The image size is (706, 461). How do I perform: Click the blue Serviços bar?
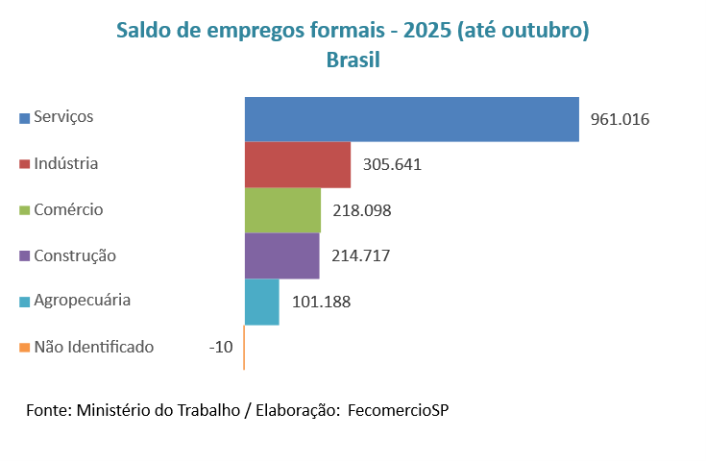pos(411,119)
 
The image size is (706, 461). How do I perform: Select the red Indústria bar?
pos(298,164)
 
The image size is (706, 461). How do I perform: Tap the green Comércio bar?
pos(282,210)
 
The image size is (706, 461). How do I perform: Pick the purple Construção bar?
pos(281,255)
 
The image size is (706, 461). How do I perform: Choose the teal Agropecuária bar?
pos(261,302)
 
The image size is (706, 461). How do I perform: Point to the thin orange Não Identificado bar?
pos(244,348)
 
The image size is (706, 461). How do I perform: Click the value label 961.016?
pos(621,120)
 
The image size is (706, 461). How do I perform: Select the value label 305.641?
pos(392,164)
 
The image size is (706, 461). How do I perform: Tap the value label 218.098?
pos(361,210)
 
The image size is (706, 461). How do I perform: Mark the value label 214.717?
pos(360,255)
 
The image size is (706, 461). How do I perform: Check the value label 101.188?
pos(321,302)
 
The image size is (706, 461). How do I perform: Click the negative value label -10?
pos(221,347)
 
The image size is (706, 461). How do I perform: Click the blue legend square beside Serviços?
pos(24,118)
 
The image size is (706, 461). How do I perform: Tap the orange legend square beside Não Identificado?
pos(24,348)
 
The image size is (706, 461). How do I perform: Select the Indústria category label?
pos(65,163)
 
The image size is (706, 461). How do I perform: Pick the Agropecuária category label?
pos(82,301)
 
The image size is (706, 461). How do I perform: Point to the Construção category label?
pos(74,255)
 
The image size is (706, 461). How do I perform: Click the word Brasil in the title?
pos(353,60)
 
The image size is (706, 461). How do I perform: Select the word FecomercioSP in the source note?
pos(398,410)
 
